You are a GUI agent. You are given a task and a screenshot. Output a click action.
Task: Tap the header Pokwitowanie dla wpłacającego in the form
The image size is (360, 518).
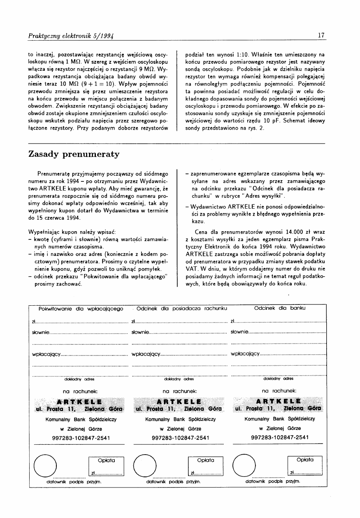tap(81, 308)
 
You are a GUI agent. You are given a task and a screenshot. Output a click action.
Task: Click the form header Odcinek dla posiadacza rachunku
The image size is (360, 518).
tap(181, 308)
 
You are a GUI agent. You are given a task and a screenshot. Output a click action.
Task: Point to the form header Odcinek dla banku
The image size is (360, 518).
tap(280, 308)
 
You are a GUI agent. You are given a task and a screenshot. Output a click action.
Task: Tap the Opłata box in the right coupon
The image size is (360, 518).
tap(305, 466)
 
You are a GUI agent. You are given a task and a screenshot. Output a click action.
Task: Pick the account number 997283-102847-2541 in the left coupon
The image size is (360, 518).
tap(81, 438)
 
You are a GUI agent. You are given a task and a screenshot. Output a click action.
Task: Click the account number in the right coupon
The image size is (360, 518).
tap(280, 437)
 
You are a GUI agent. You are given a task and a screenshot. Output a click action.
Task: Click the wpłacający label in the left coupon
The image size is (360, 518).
tap(46, 353)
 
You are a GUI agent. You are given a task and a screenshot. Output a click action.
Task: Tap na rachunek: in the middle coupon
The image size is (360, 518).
tap(180, 391)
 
